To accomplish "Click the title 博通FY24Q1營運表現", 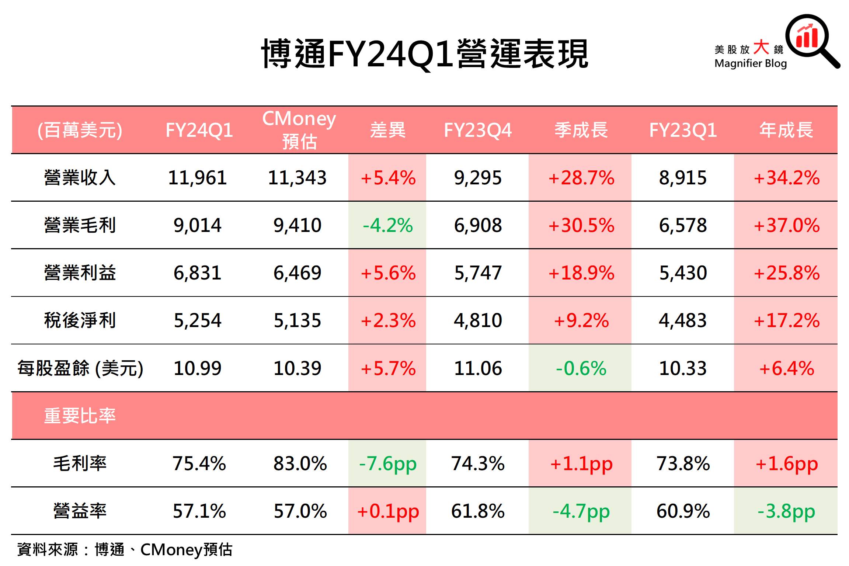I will (x=424, y=54).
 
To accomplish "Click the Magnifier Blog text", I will (x=750, y=63).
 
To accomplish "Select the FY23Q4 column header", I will (x=478, y=130).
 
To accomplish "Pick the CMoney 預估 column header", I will (x=299, y=130).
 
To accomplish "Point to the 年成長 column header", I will (x=786, y=130).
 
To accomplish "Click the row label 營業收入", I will (x=80, y=178).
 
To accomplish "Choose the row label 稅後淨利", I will (x=80, y=320).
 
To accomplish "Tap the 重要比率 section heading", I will (x=80, y=416).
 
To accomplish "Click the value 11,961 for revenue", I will (x=197, y=178).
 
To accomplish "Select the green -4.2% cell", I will (x=387, y=225).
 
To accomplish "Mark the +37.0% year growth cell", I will (x=786, y=225).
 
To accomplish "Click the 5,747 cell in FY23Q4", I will (x=478, y=273).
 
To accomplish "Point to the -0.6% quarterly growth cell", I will (x=581, y=368).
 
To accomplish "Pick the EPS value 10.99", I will (x=197, y=368).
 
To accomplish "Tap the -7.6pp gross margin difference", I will (x=387, y=463).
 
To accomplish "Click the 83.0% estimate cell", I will (x=300, y=463).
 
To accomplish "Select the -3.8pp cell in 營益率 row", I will (x=786, y=511).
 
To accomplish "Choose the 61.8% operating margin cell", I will (x=478, y=511).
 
